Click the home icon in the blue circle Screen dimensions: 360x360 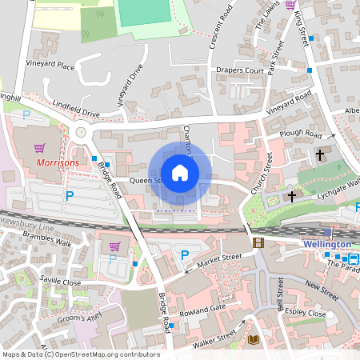(x=180, y=173)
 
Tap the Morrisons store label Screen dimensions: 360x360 (x=57, y=162)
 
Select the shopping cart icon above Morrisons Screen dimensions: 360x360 (x=39, y=148)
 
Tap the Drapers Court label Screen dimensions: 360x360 (x=240, y=71)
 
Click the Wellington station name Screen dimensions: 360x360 (x=327, y=244)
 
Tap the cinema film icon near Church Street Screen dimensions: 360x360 (x=258, y=242)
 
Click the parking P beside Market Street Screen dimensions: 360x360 (x=186, y=254)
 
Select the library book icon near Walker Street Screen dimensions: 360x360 (x=254, y=340)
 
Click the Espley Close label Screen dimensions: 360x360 (x=306, y=314)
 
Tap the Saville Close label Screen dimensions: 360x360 (x=61, y=282)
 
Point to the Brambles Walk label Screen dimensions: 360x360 (x=47, y=242)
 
